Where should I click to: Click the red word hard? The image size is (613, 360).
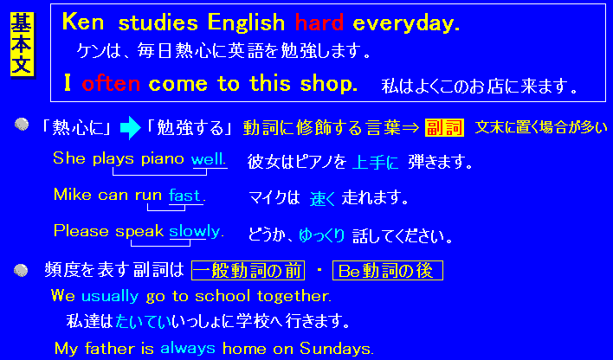coord(319,22)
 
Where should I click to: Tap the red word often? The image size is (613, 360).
coord(111,83)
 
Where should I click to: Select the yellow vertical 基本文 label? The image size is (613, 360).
coord(22,44)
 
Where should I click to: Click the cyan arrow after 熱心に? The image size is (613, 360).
coord(130,128)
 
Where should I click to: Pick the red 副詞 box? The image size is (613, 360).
coord(444,128)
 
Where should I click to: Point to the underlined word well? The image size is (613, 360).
coord(209,159)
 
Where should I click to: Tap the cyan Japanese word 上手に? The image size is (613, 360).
coord(375,162)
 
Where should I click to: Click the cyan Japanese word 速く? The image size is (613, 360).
coord(323,198)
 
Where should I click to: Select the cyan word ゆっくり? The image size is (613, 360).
coord(322,235)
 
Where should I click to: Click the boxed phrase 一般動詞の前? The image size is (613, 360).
coord(248,271)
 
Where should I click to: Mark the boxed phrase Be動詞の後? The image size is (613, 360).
coord(387,271)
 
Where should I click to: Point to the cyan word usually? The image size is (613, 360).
coord(110,296)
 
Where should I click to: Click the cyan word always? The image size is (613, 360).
coord(188,348)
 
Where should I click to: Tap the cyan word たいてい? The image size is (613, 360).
coord(144,321)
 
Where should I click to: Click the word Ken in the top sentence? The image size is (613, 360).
coord(83,22)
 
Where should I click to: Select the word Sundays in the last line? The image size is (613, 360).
coord(337,348)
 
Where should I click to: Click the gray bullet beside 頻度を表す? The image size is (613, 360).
coord(21,270)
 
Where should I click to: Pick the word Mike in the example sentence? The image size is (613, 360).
coord(73,194)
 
